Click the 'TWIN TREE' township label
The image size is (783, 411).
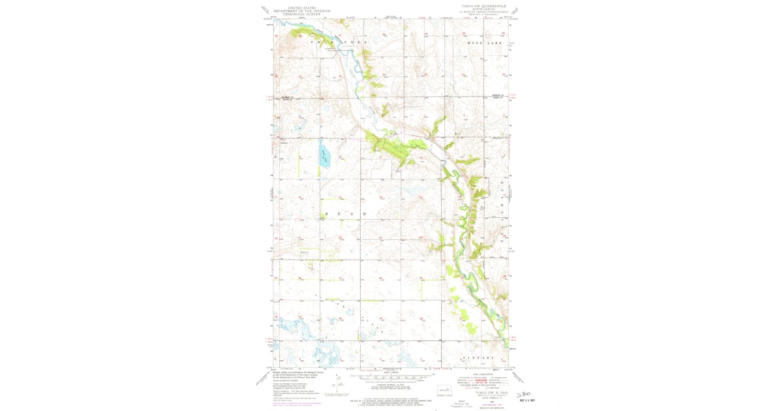(x=339, y=42)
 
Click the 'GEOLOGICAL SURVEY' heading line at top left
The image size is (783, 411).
(x=301, y=14)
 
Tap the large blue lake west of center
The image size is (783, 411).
(x=324, y=157)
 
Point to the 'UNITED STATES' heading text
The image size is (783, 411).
(x=301, y=7)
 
